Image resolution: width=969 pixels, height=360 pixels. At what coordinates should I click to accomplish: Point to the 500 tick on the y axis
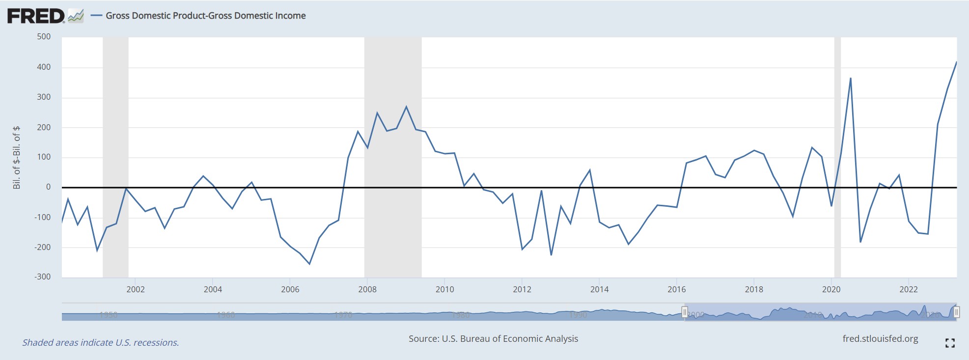(44, 37)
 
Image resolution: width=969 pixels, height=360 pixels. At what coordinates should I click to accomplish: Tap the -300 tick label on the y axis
(42, 277)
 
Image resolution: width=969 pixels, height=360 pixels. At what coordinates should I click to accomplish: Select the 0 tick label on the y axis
(48, 187)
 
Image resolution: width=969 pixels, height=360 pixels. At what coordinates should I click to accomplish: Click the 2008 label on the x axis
(367, 289)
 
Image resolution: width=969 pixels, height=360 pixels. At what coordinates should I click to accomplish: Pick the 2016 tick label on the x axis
(676, 289)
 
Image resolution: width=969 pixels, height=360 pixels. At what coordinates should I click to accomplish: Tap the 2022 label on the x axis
(908, 289)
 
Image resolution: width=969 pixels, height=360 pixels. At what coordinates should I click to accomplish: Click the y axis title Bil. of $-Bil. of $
(17, 157)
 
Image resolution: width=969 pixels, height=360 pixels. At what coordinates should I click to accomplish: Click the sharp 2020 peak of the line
(850, 78)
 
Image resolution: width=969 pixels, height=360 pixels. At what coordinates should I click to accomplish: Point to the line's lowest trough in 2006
(309, 264)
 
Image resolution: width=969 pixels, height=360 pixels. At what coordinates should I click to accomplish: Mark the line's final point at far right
(956, 62)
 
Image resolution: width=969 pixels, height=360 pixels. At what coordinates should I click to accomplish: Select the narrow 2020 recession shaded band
(837, 157)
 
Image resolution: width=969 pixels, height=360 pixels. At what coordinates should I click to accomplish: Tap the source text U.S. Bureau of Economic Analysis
(493, 339)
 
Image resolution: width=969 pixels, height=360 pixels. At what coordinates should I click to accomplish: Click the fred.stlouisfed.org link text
(880, 339)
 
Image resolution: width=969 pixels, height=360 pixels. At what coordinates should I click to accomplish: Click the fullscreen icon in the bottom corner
(950, 343)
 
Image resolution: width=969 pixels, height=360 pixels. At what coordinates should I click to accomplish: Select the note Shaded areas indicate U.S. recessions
(100, 343)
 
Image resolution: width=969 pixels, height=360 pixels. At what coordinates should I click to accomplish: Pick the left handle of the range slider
(685, 312)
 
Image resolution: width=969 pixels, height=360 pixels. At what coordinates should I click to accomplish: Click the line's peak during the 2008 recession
(406, 107)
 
